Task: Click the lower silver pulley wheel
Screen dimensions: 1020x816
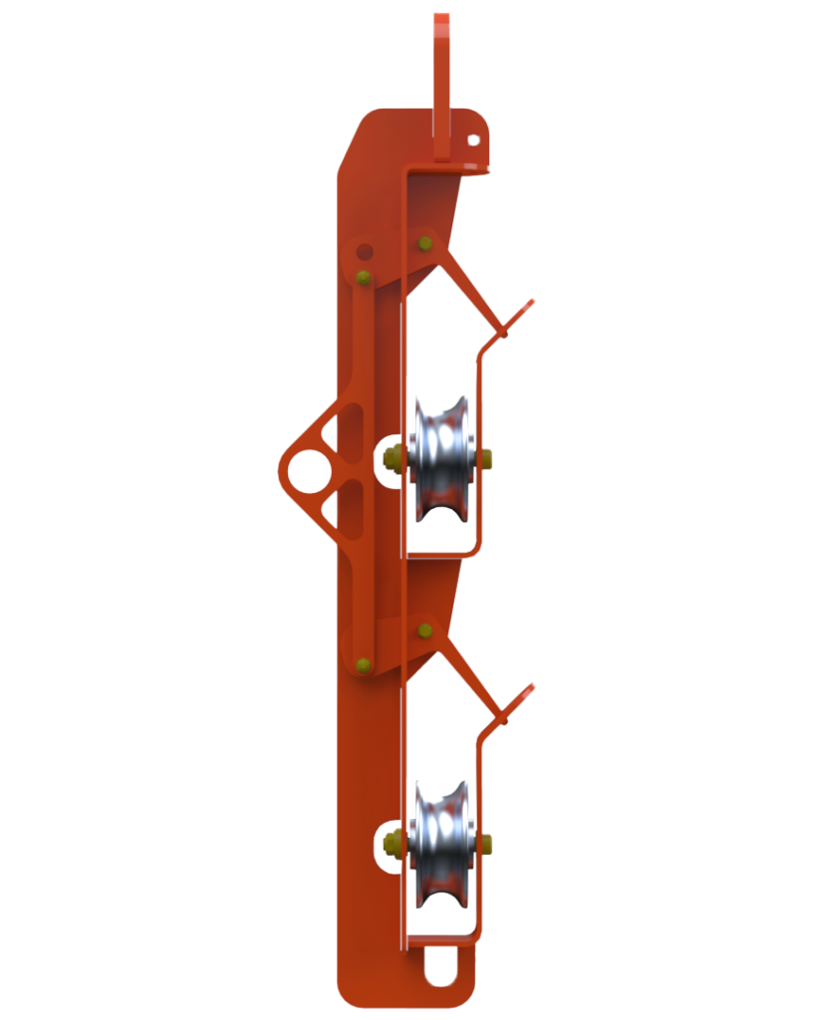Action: coord(442,843)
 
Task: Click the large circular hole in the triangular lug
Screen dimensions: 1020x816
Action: coord(309,467)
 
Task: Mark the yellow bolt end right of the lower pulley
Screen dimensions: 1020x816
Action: coord(486,844)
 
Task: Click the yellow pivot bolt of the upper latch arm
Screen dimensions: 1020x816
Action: coord(425,242)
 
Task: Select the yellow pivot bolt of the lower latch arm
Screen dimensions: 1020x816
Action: coord(425,629)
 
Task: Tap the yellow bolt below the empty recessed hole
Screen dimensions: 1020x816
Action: coord(364,277)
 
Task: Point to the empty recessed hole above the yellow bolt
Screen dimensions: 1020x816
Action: coord(365,251)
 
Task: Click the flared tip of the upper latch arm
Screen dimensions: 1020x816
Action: coord(528,305)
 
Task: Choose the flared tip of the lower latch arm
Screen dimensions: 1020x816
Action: coord(528,690)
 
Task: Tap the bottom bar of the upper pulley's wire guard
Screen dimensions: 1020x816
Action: coord(442,550)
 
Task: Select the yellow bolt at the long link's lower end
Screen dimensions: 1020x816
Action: coord(364,663)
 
